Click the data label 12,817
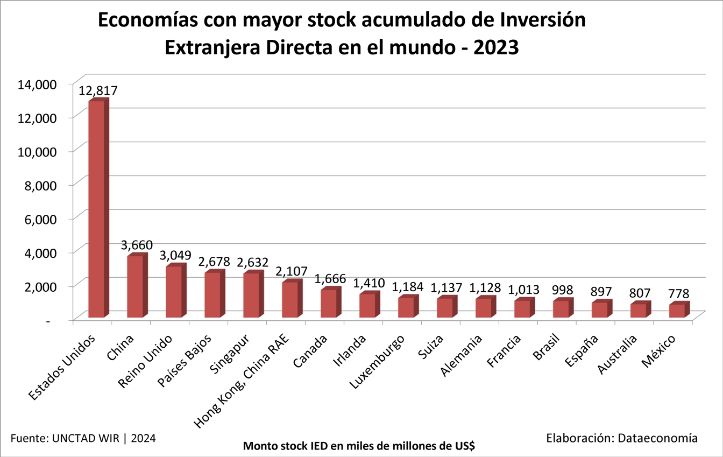pos(98,90)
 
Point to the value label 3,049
pos(175,255)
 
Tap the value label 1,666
pos(330,279)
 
